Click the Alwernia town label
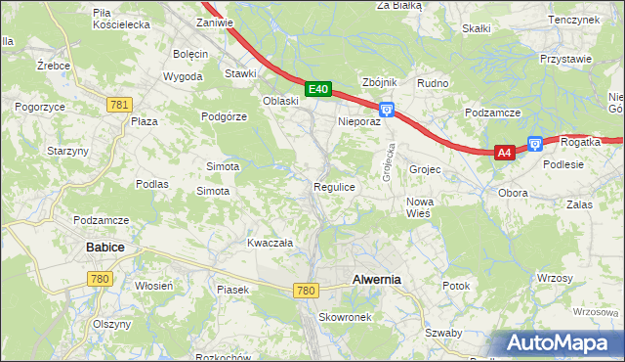click(376, 280)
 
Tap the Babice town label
click(104, 248)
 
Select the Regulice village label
click(334, 186)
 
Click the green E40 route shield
click(317, 89)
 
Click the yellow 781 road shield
click(120, 105)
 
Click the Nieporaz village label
click(358, 122)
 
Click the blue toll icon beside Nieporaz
click(387, 111)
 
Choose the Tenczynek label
click(573, 20)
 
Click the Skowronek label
click(344, 318)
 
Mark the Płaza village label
click(145, 121)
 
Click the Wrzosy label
click(554, 279)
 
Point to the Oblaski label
click(280, 101)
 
